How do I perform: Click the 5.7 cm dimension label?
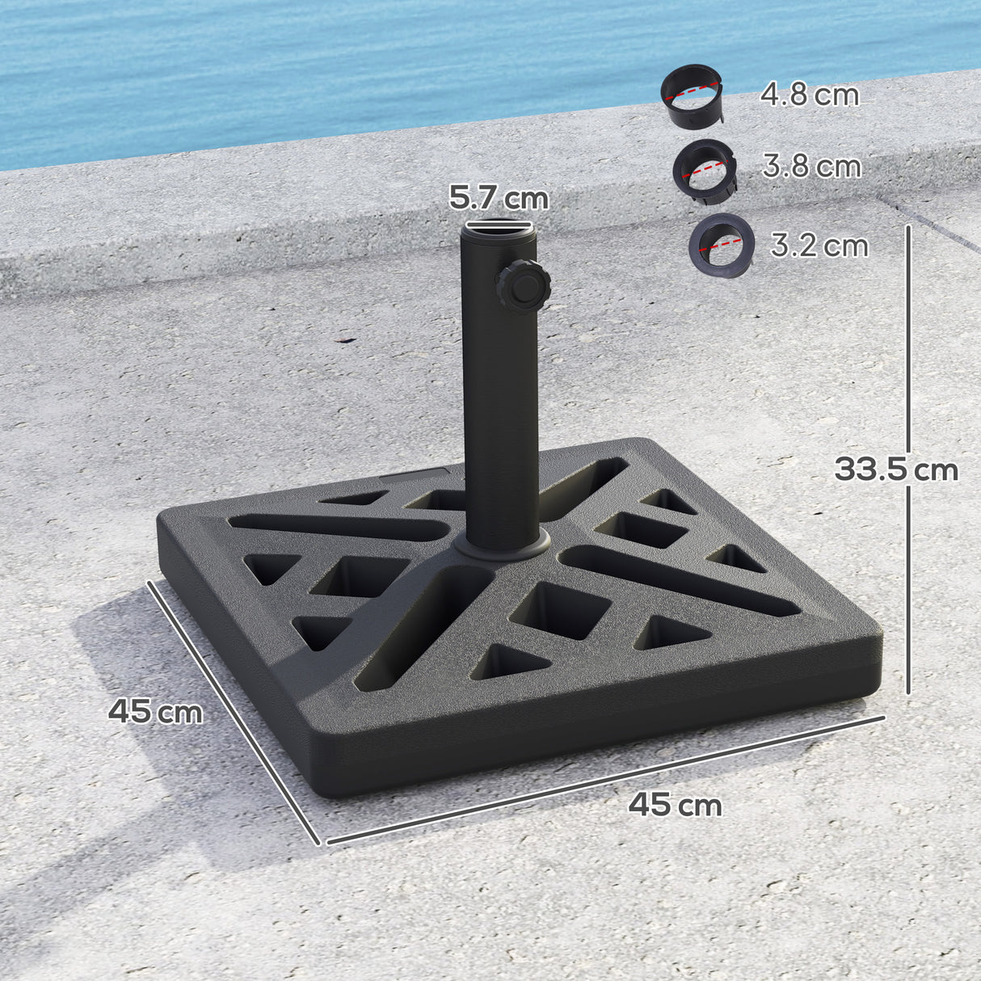[x=499, y=198]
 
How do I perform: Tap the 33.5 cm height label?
[x=895, y=469]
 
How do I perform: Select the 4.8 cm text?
[x=810, y=95]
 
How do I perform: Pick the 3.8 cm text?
[x=811, y=166]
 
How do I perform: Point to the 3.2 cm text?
[x=819, y=245]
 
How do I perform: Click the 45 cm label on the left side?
[x=155, y=711]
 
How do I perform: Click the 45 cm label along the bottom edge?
[x=676, y=805]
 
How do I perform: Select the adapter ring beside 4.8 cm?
[x=692, y=93]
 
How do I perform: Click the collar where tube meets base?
[x=501, y=545]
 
